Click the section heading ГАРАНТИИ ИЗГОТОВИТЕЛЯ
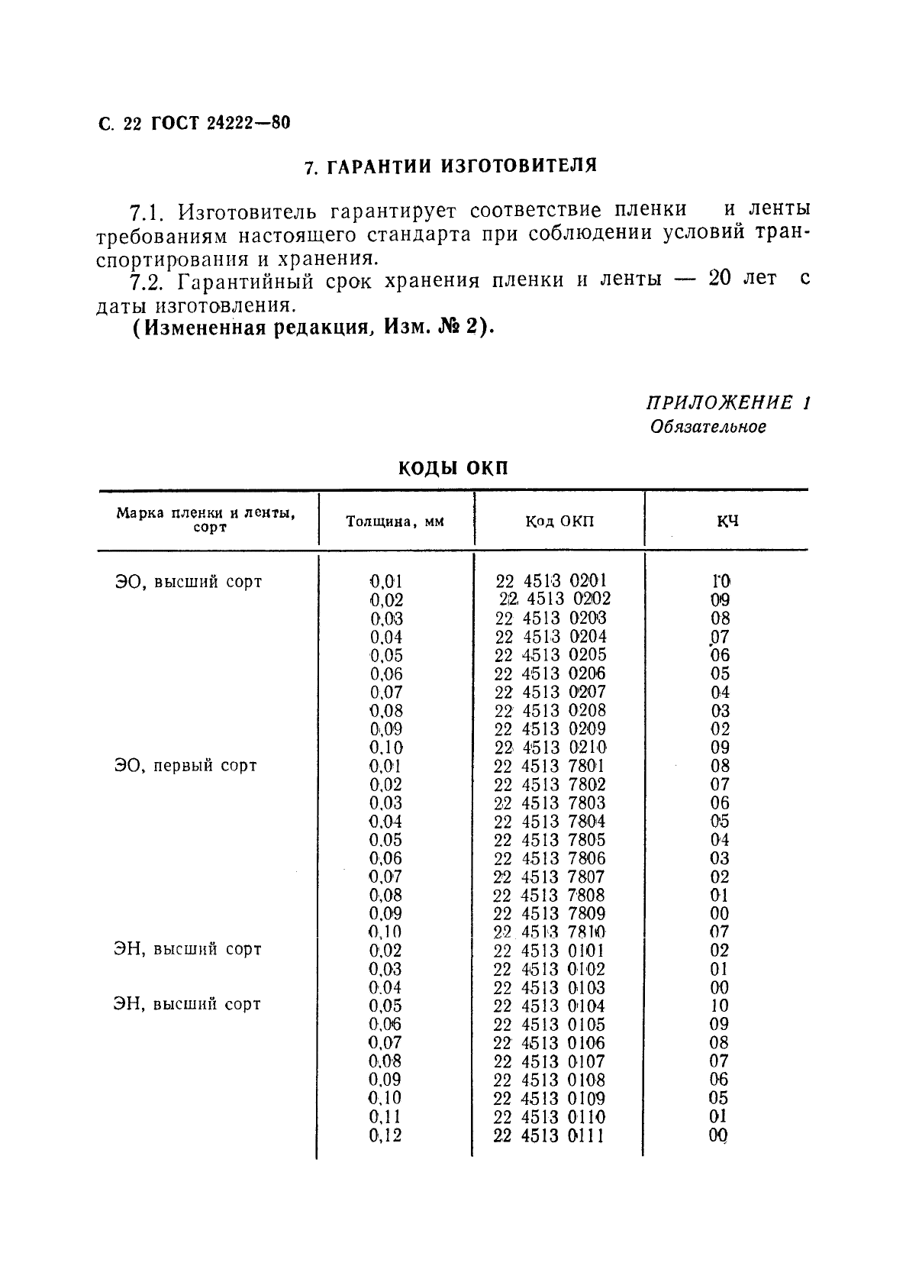pos(450,166)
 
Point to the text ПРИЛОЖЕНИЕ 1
pos(728,402)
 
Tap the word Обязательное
pos(708,427)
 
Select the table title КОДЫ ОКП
pos(453,469)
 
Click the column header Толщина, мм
pos(395,522)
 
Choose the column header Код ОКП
pos(559,522)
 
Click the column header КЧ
pos(727,522)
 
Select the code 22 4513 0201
pos(552,581)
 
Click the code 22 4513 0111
pos(549,1135)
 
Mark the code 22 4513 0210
pos(550,748)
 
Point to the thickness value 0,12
pos(385,1135)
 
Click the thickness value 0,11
pos(385,1117)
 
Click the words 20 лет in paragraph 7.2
pos(742,279)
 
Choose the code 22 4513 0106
pos(549,1043)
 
